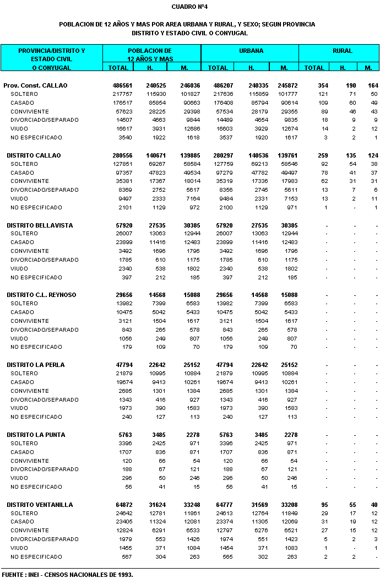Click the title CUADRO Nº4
pyautogui.click(x=189, y=7)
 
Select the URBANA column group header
pyautogui.click(x=251, y=51)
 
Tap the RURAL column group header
pyautogui.click(x=342, y=51)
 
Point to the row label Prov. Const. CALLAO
pyautogui.click(x=35, y=86)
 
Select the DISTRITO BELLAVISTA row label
pyautogui.click(x=40, y=225)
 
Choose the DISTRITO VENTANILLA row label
pyautogui.click(x=40, y=505)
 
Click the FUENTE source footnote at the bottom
pyautogui.click(x=67, y=574)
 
